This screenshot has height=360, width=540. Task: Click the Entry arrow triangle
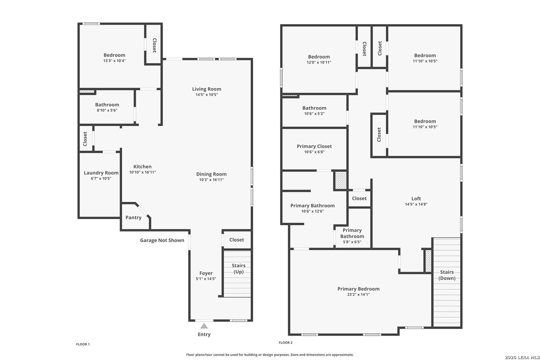pos(204,326)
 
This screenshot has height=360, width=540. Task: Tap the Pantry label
pos(133,218)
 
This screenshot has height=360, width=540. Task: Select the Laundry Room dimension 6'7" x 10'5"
pos(101,179)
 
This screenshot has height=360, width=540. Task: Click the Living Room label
pos(207,89)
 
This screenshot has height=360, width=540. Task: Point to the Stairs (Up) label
pos(238,269)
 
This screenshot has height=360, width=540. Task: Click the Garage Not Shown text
pos(162,240)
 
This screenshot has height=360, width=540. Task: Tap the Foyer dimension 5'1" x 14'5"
pos(206,279)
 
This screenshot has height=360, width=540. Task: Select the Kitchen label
pos(142,167)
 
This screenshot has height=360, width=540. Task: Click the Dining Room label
pos(211,174)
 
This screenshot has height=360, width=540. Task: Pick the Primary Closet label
pos(314,146)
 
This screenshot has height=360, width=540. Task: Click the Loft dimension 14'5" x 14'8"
pos(416,204)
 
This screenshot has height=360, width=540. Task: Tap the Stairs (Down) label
pos(447,275)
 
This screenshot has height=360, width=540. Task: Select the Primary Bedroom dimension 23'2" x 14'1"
pos(358,295)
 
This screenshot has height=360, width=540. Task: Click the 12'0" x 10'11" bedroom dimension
pos(319,63)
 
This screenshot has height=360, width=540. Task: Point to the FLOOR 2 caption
pos(286,343)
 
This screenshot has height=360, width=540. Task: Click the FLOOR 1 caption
pos(83,344)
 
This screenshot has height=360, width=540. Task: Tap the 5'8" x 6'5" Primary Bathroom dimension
pos(352,242)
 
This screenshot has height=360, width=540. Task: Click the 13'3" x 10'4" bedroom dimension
pos(114,61)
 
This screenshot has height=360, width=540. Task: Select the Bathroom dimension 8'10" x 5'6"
pos(107,110)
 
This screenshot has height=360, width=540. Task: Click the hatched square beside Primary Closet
pos(341,180)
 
